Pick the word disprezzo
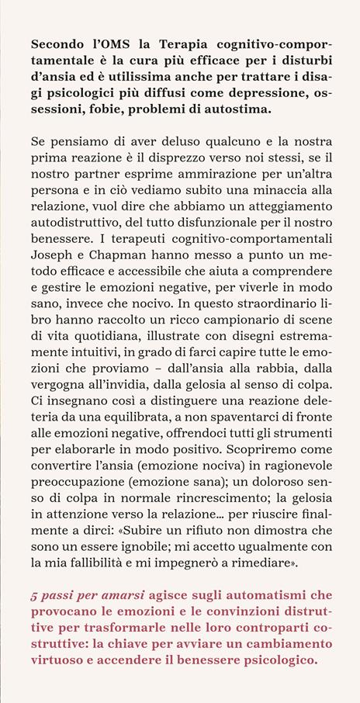(x=207, y=161)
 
